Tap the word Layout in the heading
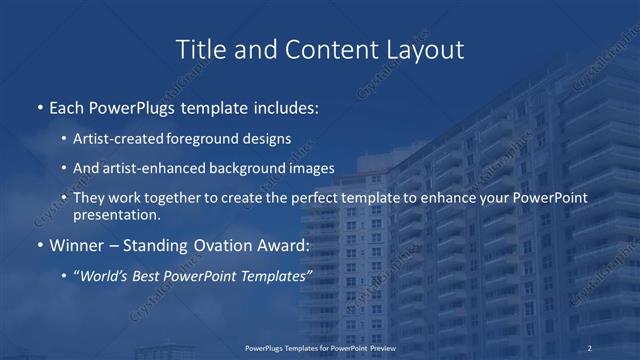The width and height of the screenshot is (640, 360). [x=423, y=49]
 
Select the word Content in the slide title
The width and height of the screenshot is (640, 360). [x=317, y=49]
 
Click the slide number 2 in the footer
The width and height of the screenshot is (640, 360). [x=590, y=347]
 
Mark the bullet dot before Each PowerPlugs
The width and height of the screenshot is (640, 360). [x=39, y=108]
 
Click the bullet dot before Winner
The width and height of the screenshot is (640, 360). [x=39, y=246]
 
